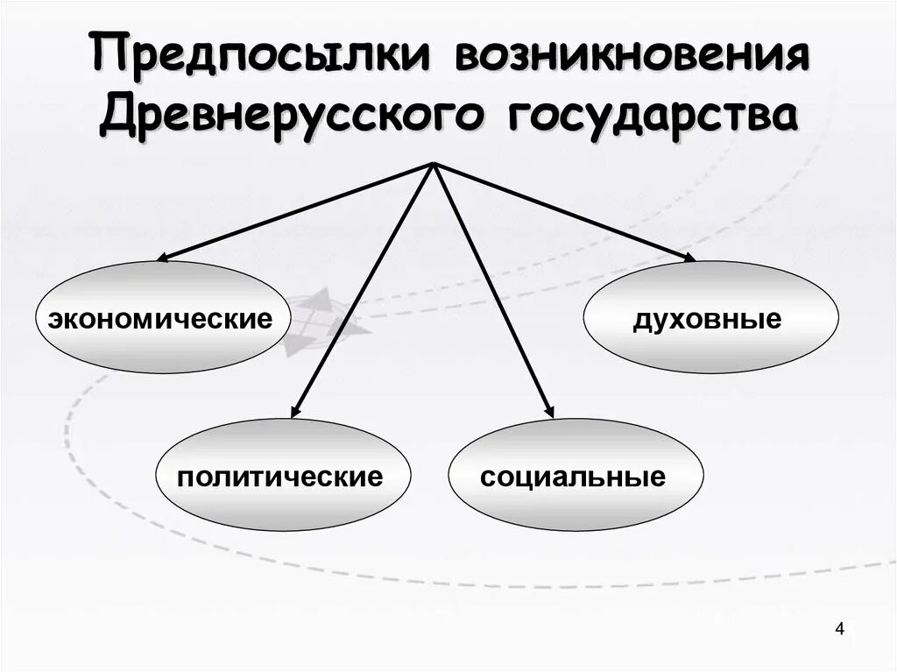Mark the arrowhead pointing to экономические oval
click(162, 258)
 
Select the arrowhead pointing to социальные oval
click(549, 409)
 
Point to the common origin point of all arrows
click(433, 164)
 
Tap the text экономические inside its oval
click(161, 318)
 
